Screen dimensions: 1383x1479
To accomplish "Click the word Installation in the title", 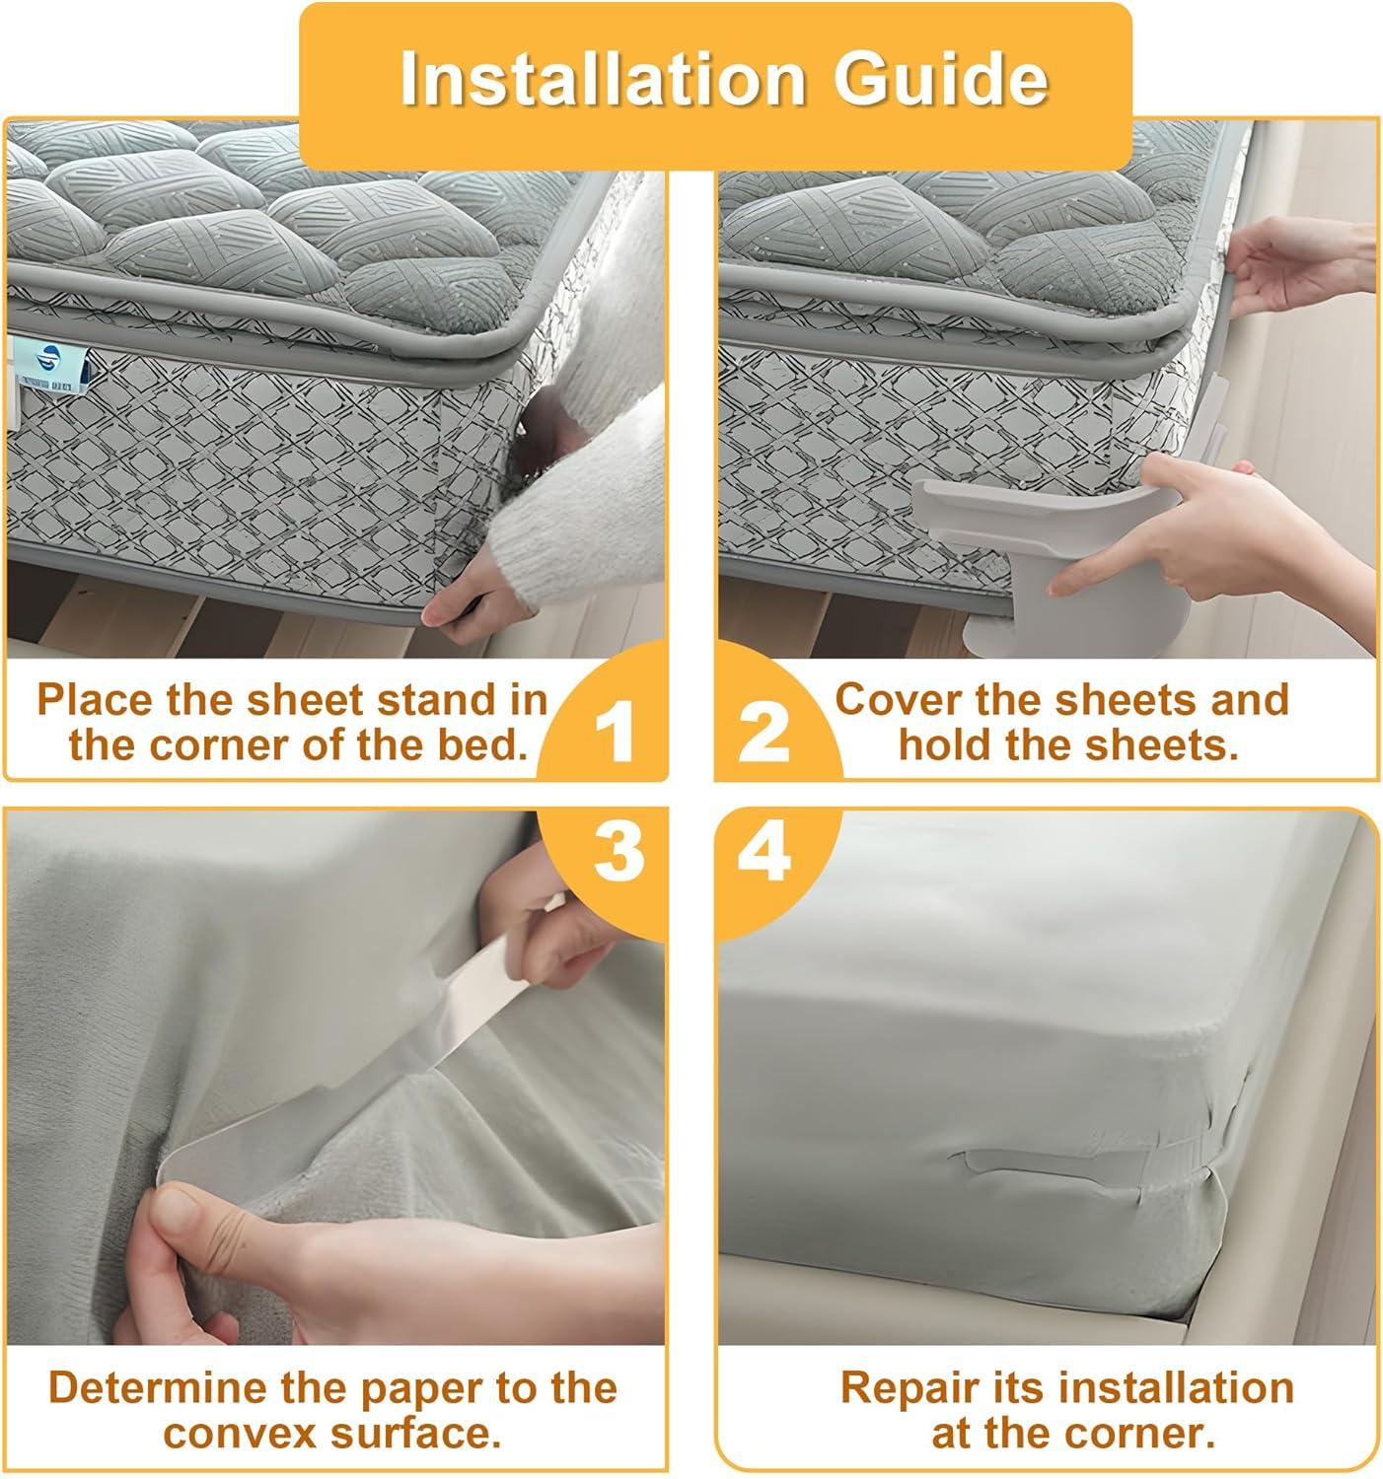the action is [x=603, y=78].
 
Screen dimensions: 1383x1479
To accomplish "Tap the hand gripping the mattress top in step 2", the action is [x=1300, y=268].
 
